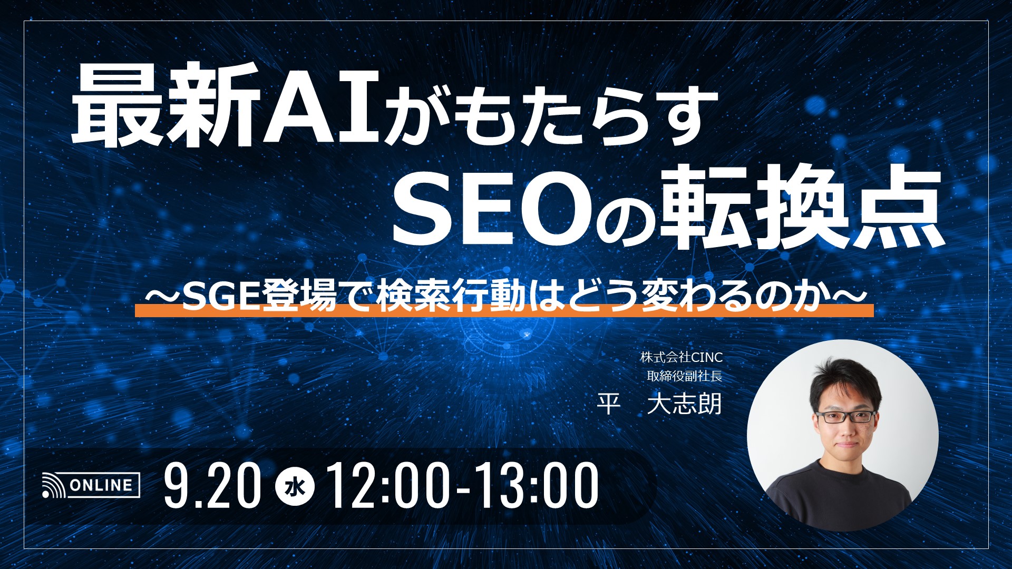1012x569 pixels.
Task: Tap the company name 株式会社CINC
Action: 681,357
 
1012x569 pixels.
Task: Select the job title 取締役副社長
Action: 684,376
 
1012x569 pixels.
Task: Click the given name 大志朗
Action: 684,405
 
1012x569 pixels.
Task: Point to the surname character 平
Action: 608,405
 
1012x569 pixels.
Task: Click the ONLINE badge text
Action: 101,485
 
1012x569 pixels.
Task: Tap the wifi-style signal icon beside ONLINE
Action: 53,486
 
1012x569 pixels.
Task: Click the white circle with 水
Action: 295,486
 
